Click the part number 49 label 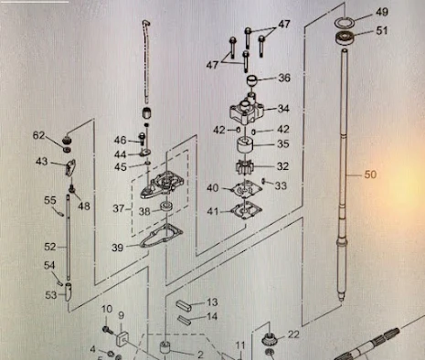pos(382,12)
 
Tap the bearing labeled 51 pos(345,37)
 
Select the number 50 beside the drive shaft pos(370,175)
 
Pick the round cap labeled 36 pos(252,80)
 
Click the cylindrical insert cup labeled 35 pos(245,145)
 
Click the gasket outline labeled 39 pos(161,236)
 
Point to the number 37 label pos(119,208)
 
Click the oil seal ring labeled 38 pos(166,207)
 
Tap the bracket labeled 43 pos(70,167)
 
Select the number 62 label pos(38,135)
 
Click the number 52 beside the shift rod pos(50,247)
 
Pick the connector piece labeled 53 pos(69,291)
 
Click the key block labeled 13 pos(184,304)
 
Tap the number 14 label pos(212,316)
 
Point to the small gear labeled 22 pos(269,339)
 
